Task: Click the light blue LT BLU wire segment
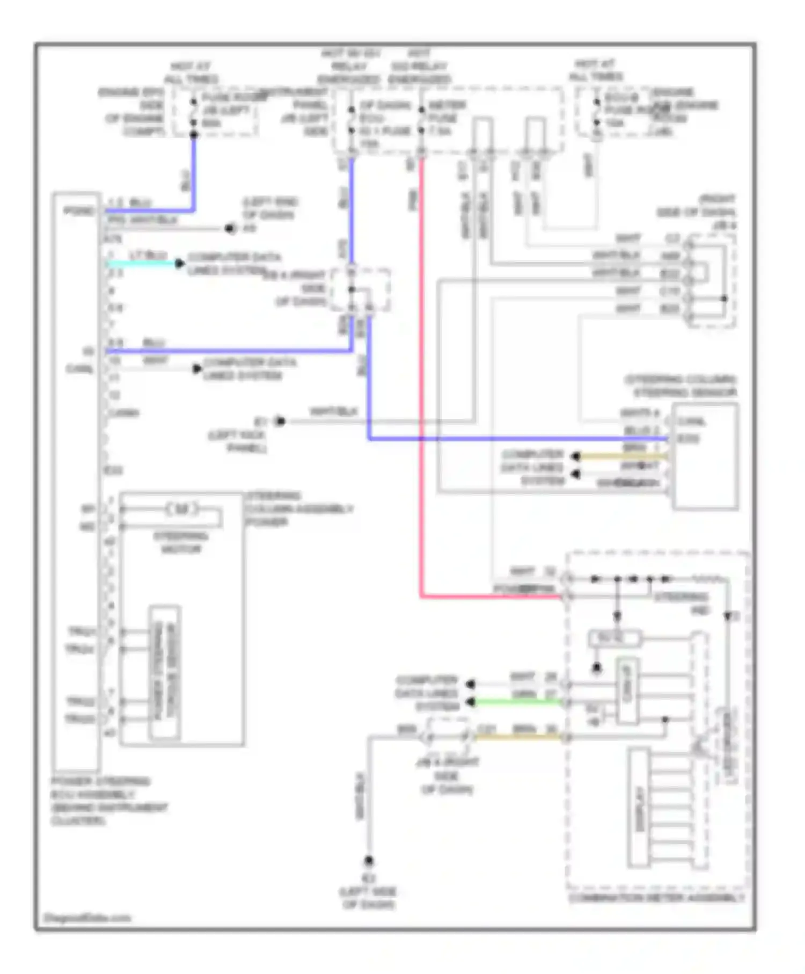tap(142, 264)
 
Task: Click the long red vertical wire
tap(422, 376)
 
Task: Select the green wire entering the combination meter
tap(518, 702)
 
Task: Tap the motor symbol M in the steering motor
tap(182, 508)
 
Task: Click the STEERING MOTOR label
tap(181, 542)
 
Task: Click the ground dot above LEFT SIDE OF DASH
tap(369, 861)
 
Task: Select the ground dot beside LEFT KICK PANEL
tap(280, 421)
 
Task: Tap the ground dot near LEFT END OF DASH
tap(230, 229)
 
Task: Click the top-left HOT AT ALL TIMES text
tap(191, 72)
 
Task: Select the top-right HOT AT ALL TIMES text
tap(596, 70)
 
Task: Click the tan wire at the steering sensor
tap(623, 456)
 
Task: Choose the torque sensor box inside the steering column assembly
tap(164, 673)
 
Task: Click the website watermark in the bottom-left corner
tap(87, 918)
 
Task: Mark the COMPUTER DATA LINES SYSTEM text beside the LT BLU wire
tap(234, 264)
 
